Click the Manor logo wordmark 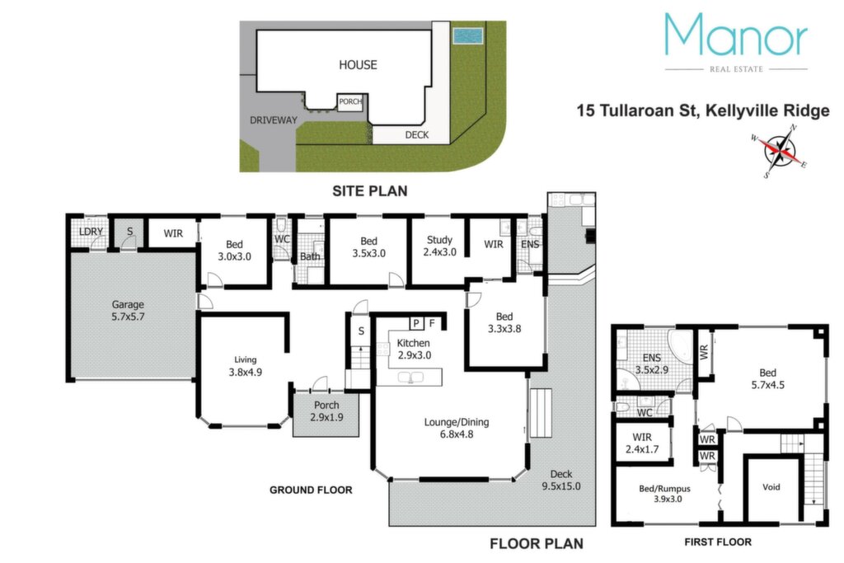736,34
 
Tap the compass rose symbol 780,151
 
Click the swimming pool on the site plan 468,36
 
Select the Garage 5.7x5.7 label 128,311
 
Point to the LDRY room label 91,232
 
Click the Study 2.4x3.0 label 440,246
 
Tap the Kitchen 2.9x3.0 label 414,349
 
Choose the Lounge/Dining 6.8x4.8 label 457,428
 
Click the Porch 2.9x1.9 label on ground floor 326,411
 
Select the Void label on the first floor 771,487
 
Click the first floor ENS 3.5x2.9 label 652,364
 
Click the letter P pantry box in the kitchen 416,323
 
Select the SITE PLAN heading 370,191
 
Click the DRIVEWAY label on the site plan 274,120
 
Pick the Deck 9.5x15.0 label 560,480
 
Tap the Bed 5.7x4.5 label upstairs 767,378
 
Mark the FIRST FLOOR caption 718,542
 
